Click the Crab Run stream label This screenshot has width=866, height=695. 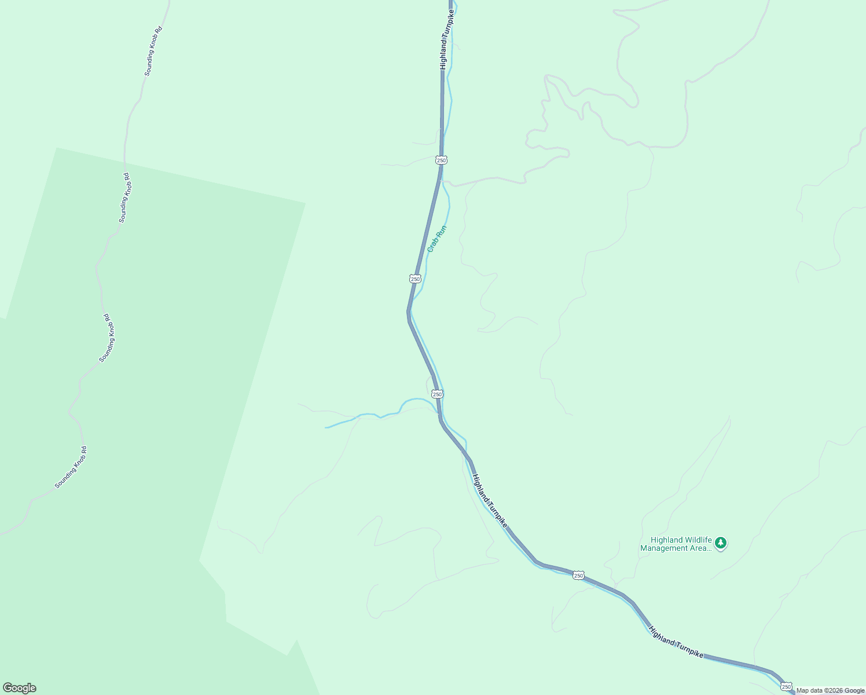pyautogui.click(x=437, y=239)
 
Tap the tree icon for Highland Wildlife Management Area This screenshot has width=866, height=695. pyautogui.click(x=720, y=543)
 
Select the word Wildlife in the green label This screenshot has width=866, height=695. pyautogui.click(x=698, y=540)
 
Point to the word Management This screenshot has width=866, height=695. pyautogui.click(x=664, y=548)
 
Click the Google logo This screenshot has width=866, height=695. pyautogui.click(x=20, y=687)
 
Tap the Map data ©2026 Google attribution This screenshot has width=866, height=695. pyautogui.click(x=830, y=690)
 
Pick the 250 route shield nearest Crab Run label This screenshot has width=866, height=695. pyautogui.click(x=415, y=279)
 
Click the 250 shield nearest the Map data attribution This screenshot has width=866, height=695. pyautogui.click(x=786, y=686)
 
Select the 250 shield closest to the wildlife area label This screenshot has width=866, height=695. pyautogui.click(x=578, y=575)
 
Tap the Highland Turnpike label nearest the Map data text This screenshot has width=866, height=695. pyautogui.click(x=676, y=642)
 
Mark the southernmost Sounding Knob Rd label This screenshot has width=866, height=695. pyautogui.click(x=71, y=467)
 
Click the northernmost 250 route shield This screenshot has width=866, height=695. pyautogui.click(x=441, y=159)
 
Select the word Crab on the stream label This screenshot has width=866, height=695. pyautogui.click(x=432, y=246)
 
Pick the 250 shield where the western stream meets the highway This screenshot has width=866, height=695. pyautogui.click(x=437, y=394)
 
